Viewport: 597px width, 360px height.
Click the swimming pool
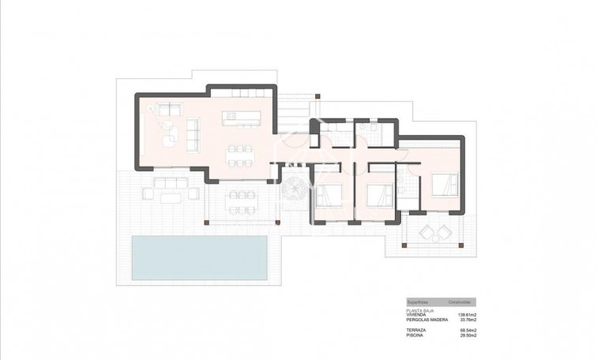coord(197,256)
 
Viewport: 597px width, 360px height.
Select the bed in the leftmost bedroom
coord(329,193)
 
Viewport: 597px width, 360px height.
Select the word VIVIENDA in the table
coord(418,314)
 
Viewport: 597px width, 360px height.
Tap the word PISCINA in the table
coord(415,335)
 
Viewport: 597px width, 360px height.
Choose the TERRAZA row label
coord(417,329)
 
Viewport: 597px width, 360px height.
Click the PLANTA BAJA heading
coord(420,309)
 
